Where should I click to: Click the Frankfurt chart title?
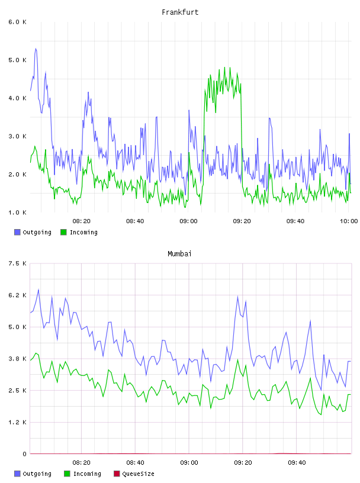pyautogui.click(x=180, y=12)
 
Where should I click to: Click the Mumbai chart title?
pyautogui.click(x=179, y=254)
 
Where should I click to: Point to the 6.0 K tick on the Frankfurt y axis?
pyautogui.click(x=18, y=22)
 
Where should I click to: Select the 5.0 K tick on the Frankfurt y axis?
pyautogui.click(x=18, y=60)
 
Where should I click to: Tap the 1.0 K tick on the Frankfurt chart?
pyautogui.click(x=18, y=212)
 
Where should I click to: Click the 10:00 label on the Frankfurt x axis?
pyautogui.click(x=349, y=221)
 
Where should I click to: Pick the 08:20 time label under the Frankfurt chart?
pyautogui.click(x=81, y=221)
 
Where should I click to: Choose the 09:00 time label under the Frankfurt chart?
pyautogui.click(x=188, y=221)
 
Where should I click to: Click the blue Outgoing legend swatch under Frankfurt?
pyautogui.click(x=17, y=232)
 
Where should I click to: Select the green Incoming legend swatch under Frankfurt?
pyautogui.click(x=63, y=232)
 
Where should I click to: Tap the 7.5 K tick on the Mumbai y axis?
pyautogui.click(x=18, y=263)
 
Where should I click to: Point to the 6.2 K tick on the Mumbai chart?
pyautogui.click(x=18, y=295)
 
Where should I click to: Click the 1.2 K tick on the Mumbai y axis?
pyautogui.click(x=18, y=422)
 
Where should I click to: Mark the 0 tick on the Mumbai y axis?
pyautogui.click(x=24, y=454)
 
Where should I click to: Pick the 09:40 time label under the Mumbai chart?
pyautogui.click(x=297, y=463)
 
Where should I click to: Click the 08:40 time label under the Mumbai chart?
pyautogui.click(x=136, y=463)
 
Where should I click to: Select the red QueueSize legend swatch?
pyautogui.click(x=117, y=474)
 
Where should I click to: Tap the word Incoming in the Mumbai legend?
pyautogui.click(x=87, y=474)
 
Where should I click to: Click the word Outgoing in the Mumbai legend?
pyautogui.click(x=37, y=474)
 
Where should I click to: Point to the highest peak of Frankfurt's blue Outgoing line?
pyautogui.click(x=36, y=49)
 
